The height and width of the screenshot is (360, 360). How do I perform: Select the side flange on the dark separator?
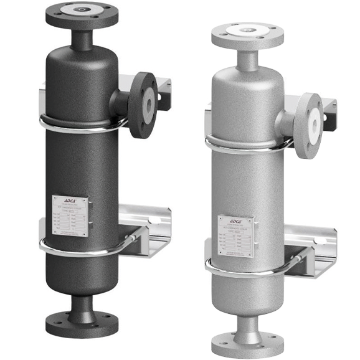(143, 104)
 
